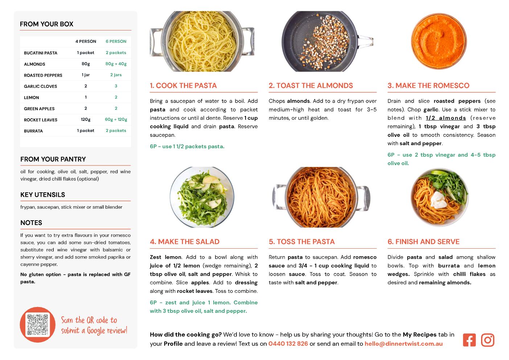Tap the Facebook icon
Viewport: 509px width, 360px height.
469,340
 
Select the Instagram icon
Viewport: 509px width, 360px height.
488,340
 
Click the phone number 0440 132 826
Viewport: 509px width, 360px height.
288,344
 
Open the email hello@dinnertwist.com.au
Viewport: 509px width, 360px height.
403,344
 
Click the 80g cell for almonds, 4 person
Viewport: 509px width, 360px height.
86,64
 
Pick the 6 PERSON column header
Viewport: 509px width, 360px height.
116,41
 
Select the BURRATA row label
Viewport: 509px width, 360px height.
33,131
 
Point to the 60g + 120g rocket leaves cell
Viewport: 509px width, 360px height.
116,119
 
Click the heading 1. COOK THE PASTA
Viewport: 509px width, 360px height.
183,85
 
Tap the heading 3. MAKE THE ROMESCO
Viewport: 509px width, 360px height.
428,85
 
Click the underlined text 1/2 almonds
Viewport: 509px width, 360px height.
446,118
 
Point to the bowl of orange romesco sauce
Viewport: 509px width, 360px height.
439,41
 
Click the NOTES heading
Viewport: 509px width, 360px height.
31,223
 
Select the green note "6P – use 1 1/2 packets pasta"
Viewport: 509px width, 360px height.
187,146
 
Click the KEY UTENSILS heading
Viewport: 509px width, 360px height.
42,195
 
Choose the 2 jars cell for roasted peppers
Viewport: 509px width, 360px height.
116,75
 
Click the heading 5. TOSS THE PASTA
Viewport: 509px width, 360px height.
301,242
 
